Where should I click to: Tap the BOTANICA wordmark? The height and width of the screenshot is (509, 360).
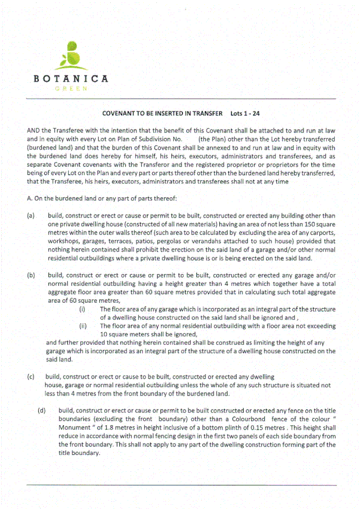point(71,79)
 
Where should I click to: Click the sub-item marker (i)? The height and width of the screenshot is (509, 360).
point(83,309)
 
